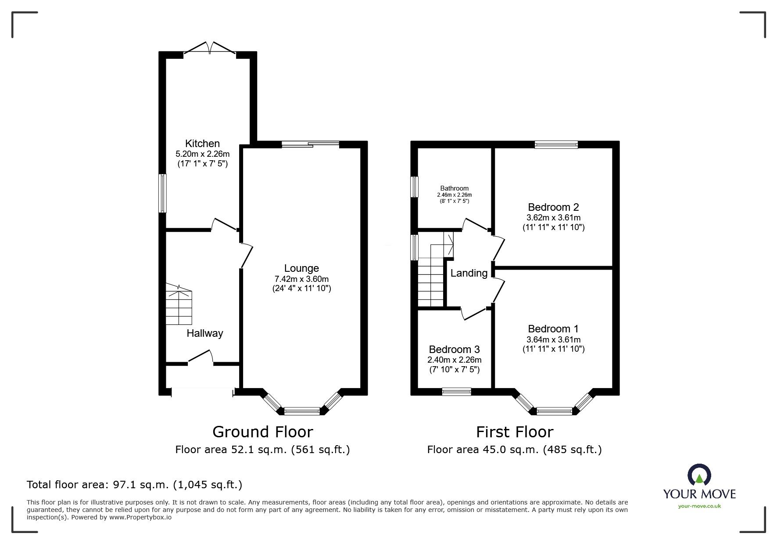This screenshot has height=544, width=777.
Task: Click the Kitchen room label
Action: pos(202,144)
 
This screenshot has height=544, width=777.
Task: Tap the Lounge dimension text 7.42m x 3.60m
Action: pos(301,279)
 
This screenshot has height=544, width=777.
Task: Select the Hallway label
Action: pos(204,333)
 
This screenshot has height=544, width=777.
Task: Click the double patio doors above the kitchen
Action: pos(210,48)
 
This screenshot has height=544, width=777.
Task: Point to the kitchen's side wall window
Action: pos(162,193)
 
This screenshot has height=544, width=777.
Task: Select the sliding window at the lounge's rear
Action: pos(310,144)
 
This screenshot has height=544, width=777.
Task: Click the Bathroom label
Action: pos(454,188)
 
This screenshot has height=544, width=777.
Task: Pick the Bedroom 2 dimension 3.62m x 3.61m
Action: pos(553,218)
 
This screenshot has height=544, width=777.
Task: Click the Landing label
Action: pos(469,273)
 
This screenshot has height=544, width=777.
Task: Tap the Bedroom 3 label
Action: pos(454,349)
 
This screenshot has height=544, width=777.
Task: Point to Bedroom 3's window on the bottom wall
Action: pos(456,392)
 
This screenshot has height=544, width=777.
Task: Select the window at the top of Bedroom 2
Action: pos(556,144)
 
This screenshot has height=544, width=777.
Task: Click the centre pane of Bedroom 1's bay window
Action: pos(554,411)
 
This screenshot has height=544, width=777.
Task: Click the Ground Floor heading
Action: pos(262,432)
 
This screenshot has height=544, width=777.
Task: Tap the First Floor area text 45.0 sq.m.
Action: pos(514,450)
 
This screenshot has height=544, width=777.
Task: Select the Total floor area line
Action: pos(134,485)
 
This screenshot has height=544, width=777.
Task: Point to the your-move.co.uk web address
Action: pos(699,506)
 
